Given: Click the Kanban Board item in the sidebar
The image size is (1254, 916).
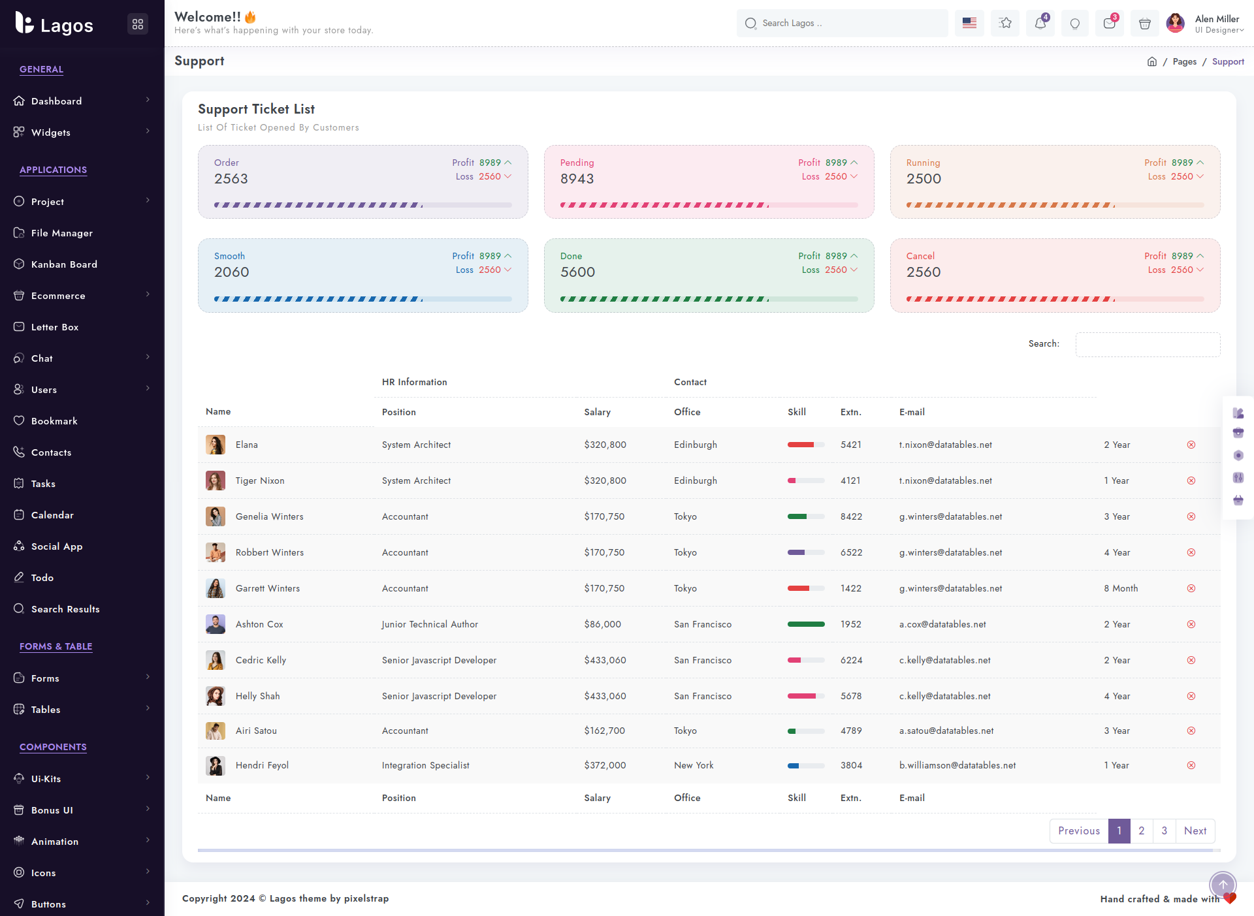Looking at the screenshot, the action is point(64,264).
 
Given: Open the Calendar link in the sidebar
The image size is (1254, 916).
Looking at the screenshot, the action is point(52,515).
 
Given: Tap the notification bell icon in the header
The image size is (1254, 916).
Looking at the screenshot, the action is point(1040,24).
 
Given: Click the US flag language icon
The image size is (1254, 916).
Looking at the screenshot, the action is point(969,24).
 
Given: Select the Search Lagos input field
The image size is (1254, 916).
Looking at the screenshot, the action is point(843,24).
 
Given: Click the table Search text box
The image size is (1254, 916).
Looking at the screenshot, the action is point(1148,344).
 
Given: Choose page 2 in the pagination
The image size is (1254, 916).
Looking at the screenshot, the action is point(1141,831).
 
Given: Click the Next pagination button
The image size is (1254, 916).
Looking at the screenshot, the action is point(1195,831).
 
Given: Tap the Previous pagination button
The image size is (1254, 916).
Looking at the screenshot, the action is point(1079,831).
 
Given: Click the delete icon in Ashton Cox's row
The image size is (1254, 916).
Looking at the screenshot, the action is point(1191,624).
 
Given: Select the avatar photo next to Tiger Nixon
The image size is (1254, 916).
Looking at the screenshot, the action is point(216,481).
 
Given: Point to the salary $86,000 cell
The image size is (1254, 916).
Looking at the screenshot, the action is point(603,624).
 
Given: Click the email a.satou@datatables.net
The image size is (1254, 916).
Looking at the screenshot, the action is point(946,731).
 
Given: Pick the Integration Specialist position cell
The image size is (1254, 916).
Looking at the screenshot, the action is point(426,765).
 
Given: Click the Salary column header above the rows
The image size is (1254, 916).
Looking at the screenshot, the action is point(598,412).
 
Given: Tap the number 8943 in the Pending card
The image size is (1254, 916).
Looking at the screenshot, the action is point(577,179).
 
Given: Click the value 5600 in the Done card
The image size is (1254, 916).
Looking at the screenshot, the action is point(578,272).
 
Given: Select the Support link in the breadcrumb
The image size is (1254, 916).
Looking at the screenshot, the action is point(1228,61).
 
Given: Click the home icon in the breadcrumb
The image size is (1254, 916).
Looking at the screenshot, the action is point(1152,61).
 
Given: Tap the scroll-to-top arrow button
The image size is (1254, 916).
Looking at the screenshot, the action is point(1223,885).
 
